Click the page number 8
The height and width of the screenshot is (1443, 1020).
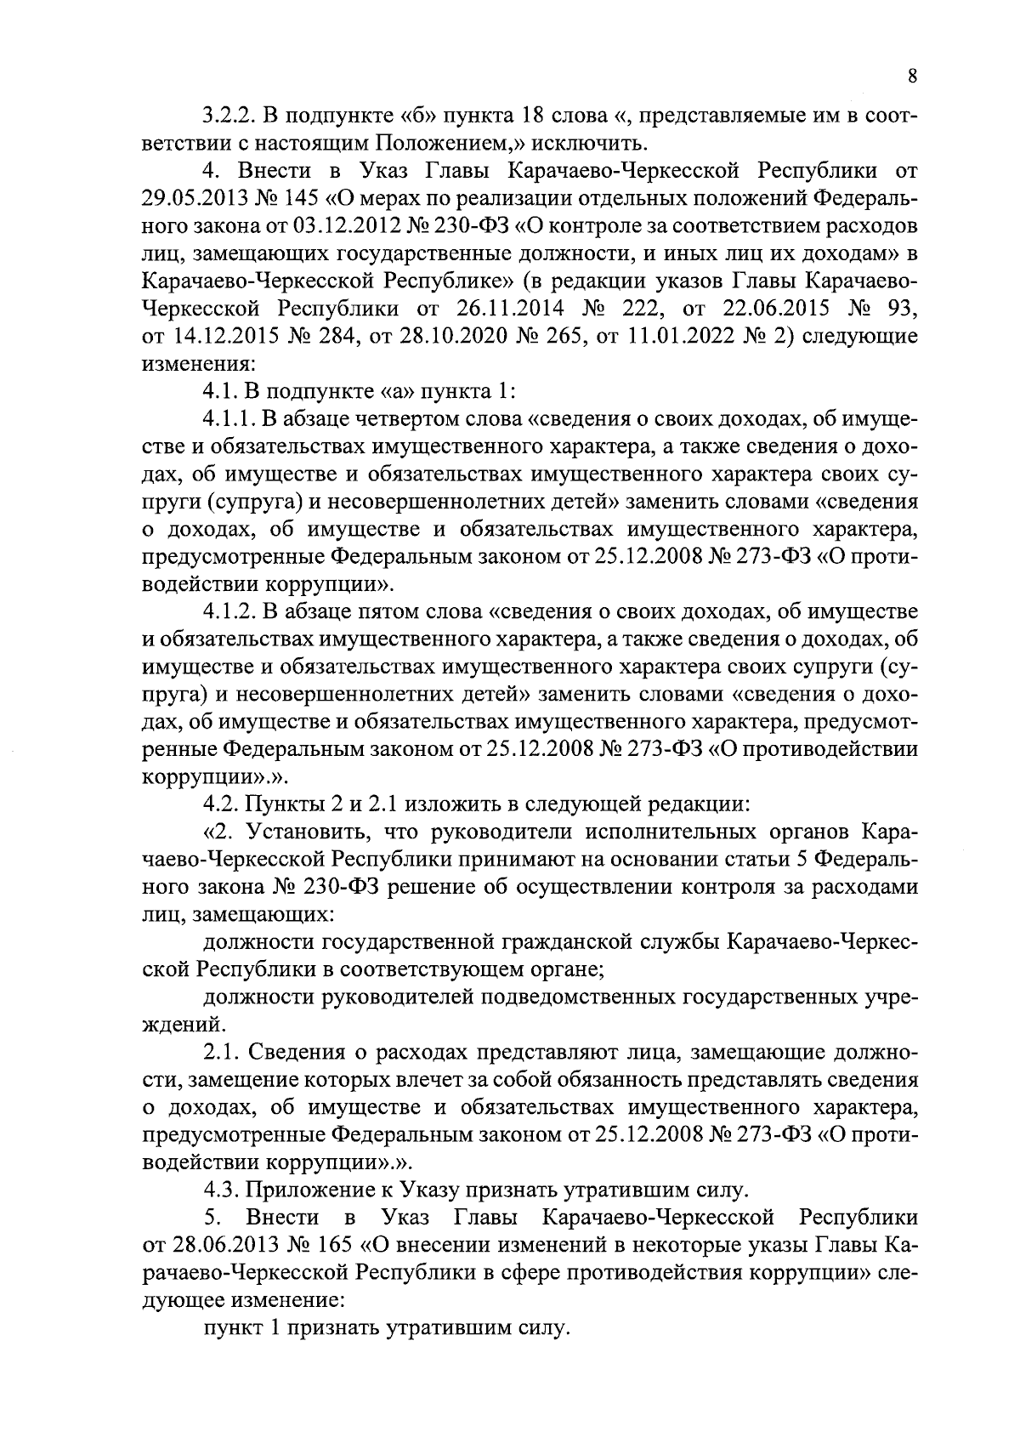pyautogui.click(x=912, y=77)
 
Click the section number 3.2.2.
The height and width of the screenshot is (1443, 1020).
pyautogui.click(x=226, y=115)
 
